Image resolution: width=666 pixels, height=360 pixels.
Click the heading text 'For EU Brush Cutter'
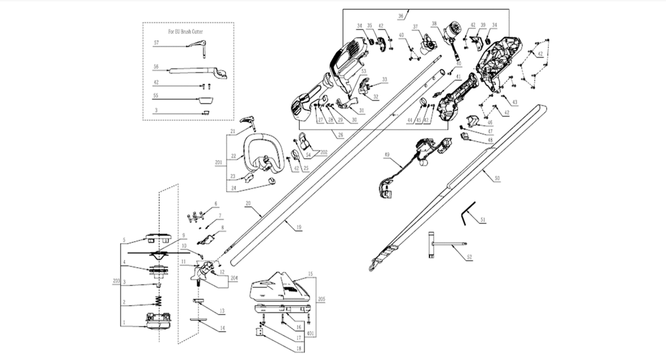[185, 32]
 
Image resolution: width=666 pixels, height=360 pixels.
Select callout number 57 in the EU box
[156, 43]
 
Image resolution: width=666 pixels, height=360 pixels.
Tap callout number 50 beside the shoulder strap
[497, 178]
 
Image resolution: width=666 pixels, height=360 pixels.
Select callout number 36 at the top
[401, 16]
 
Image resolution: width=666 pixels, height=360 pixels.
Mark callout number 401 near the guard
[310, 333]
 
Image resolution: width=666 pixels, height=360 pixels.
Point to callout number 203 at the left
[116, 280]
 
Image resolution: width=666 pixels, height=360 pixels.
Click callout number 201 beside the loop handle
[218, 163]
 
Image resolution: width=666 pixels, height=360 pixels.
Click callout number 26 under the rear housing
[340, 135]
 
